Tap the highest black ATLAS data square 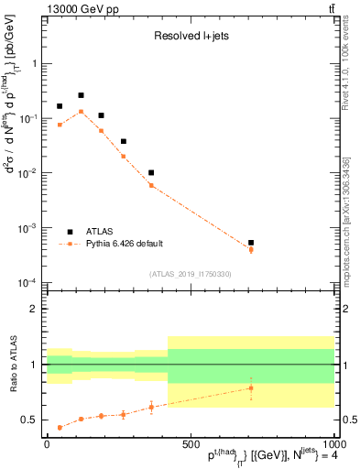point(81,95)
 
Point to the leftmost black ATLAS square point(60,106)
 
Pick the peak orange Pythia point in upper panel point(81,112)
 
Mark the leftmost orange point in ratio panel point(60,427)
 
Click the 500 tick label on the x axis point(190,443)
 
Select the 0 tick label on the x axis point(47,443)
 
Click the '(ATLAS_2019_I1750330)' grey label point(191,274)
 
